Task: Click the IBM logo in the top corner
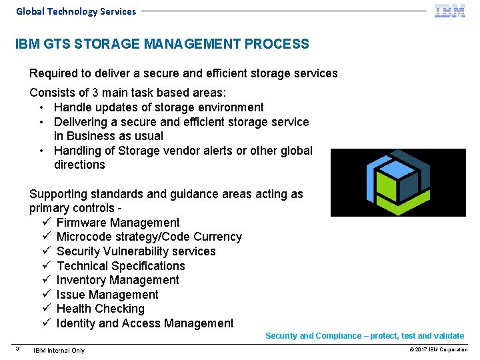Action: (450, 11)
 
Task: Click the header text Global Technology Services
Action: (76, 11)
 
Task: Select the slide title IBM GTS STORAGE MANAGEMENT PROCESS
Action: (162, 45)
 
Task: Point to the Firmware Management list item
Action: (118, 223)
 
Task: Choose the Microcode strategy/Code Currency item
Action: (149, 237)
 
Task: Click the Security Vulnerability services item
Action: (136, 251)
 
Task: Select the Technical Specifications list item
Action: (121, 266)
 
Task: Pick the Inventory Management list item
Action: (117, 280)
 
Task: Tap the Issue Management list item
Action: (107, 295)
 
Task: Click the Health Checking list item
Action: (100, 309)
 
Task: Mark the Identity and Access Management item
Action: (145, 323)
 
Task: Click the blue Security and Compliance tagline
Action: (365, 336)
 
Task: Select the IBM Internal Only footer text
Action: (59, 350)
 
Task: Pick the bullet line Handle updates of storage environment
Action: (159, 107)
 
